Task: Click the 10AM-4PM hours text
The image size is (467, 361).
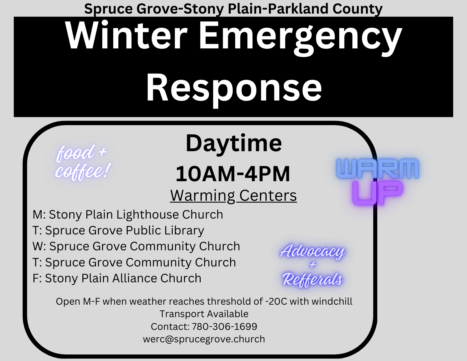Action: click(233, 174)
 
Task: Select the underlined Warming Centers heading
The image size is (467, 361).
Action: click(233, 195)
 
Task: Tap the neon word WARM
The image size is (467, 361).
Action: click(378, 168)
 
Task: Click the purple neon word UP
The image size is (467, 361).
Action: click(377, 193)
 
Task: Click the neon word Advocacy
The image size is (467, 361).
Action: click(313, 251)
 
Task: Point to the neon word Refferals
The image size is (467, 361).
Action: click(313, 279)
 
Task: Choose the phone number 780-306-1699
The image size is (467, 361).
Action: click(224, 326)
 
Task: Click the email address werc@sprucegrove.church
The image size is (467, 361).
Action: click(204, 339)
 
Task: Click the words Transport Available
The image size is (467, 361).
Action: click(204, 314)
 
